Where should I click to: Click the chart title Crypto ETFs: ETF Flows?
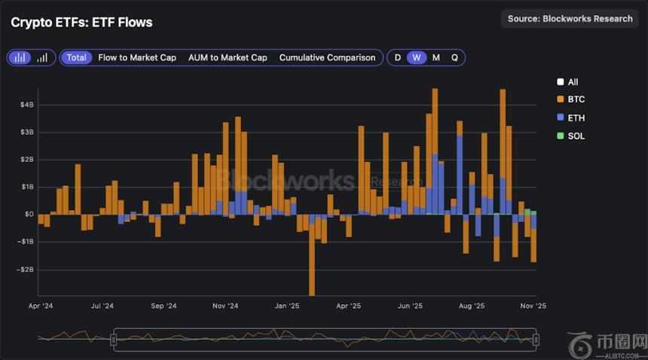point(81,23)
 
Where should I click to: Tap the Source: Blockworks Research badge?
point(570,19)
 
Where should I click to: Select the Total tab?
point(76,57)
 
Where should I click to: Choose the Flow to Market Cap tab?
point(137,57)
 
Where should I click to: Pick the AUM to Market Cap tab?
point(228,57)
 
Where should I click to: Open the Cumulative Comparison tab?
point(327,57)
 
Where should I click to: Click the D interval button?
point(398,57)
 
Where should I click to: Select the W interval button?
point(417,57)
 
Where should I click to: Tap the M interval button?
point(436,57)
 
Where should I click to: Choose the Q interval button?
point(454,57)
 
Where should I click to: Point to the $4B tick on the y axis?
point(26,105)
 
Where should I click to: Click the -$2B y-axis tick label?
point(25,270)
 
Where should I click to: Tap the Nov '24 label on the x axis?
point(225,307)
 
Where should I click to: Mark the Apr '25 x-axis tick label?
point(347,307)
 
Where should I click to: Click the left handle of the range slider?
point(114,340)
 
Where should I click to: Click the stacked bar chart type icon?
point(20,57)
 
